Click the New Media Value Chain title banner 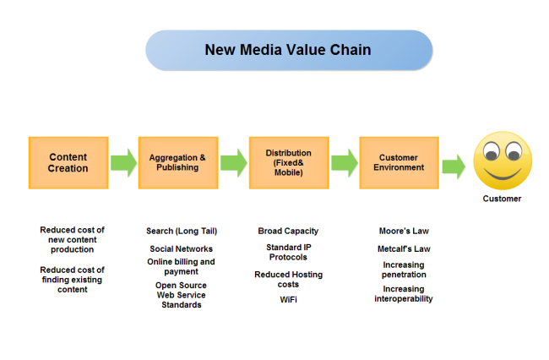point(288,50)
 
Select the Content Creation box point(68,163)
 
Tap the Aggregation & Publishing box point(177,163)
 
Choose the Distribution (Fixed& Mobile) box point(288,163)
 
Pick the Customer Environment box point(399,163)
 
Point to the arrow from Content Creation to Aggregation point(123,163)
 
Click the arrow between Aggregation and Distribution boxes point(234,163)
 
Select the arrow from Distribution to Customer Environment point(344,163)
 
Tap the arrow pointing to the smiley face point(454,166)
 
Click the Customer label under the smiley point(502,199)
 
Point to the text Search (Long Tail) point(182,231)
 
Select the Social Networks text point(182,249)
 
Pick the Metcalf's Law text point(404,249)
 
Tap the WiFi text point(288,300)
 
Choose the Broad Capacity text point(288,231)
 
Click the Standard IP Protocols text point(288,253)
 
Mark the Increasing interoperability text point(404,294)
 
